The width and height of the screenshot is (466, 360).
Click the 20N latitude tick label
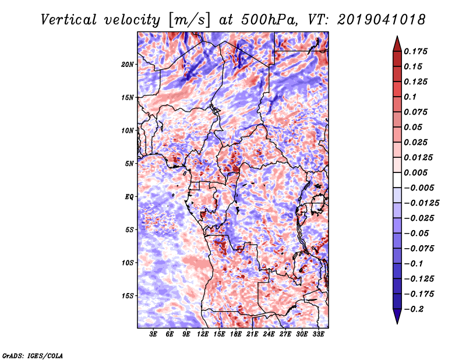coord(128,65)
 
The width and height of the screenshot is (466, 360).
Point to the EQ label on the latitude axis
coord(129,197)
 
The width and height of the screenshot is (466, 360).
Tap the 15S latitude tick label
coord(128,296)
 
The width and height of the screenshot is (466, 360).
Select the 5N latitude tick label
coord(129,164)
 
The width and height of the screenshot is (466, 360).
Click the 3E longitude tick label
coord(153,334)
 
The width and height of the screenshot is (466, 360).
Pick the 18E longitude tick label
coord(236,334)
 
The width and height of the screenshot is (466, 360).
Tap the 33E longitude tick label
coord(318,334)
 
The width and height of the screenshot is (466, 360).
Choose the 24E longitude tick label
coord(269,334)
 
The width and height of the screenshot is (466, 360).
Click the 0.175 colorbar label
coord(415,52)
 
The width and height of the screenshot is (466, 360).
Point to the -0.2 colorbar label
coord(414,309)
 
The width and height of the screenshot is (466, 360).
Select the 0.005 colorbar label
coord(415,172)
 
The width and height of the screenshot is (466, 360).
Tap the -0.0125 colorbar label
coord(421,203)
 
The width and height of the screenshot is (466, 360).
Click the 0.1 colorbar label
coord(410,97)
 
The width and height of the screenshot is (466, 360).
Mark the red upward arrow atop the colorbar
coord(397,44)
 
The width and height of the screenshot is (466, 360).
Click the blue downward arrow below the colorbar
coord(397,316)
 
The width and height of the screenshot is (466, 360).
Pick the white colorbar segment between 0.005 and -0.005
coord(397,180)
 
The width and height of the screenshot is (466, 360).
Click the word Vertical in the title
coord(69,20)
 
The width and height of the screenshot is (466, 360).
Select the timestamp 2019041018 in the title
coord(382,20)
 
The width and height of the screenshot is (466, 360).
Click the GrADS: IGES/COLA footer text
coord(33,355)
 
